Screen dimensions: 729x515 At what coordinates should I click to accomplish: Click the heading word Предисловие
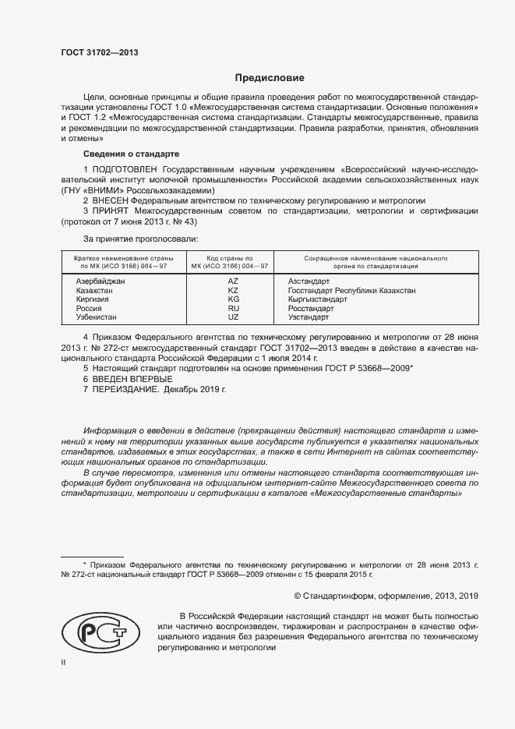click(x=270, y=78)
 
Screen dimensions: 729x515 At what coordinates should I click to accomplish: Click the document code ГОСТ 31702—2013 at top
click(x=100, y=53)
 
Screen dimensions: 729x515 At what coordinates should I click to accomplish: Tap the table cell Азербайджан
click(x=101, y=281)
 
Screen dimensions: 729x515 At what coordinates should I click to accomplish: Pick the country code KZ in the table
click(x=233, y=290)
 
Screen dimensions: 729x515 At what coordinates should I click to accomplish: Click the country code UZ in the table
click(x=233, y=318)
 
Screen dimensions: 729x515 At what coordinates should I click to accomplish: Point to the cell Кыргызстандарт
click(x=317, y=299)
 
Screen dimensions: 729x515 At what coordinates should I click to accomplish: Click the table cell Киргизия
click(x=93, y=299)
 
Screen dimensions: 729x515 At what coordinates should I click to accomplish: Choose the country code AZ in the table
click(x=233, y=281)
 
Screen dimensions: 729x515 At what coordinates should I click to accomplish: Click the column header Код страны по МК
click(x=230, y=261)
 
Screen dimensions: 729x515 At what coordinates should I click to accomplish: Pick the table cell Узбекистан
click(x=97, y=318)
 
